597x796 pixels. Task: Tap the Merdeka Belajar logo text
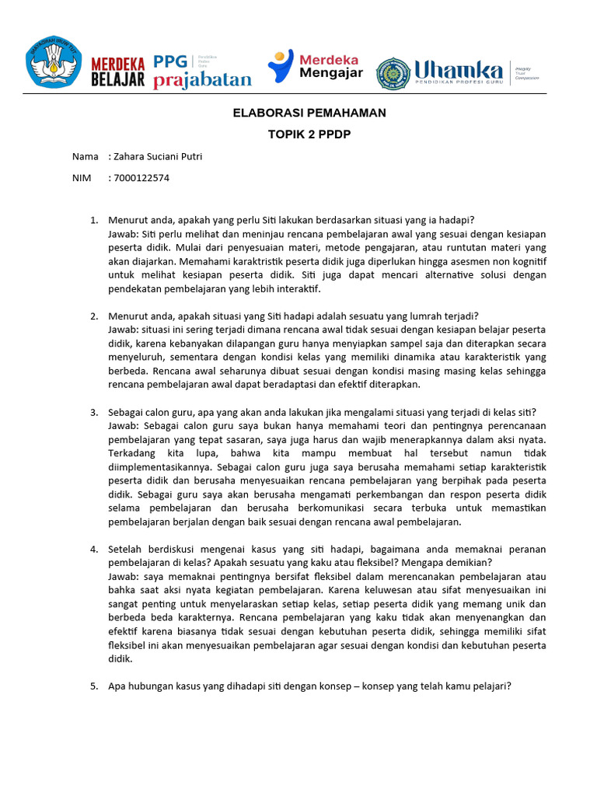pos(118,72)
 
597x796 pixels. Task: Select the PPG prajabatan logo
pos(202,71)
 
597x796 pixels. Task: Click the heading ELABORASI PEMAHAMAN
pos(309,113)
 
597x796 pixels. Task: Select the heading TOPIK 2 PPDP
pos(309,134)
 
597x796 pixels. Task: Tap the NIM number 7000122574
pos(141,177)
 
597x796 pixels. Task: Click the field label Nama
pos(85,156)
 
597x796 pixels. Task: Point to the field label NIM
pos(82,177)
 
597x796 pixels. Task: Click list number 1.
pos(93,220)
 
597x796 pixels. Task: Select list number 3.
pos(93,412)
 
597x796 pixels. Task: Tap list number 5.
pos(93,686)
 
